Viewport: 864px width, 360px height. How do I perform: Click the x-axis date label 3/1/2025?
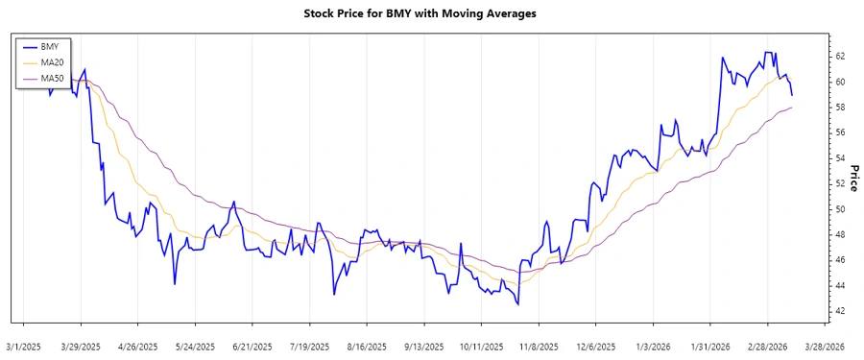point(24,346)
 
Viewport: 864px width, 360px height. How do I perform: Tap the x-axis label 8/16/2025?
point(367,346)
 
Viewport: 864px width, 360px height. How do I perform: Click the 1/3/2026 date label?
point(653,346)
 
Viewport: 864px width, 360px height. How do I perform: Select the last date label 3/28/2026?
point(825,346)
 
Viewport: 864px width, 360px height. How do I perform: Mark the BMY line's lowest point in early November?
point(518,305)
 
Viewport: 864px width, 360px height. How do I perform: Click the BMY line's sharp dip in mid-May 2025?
point(175,284)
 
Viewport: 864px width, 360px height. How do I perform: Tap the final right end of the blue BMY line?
point(792,95)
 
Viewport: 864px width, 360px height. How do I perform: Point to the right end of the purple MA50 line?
point(792,108)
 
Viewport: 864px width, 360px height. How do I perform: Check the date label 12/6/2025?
point(595,346)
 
